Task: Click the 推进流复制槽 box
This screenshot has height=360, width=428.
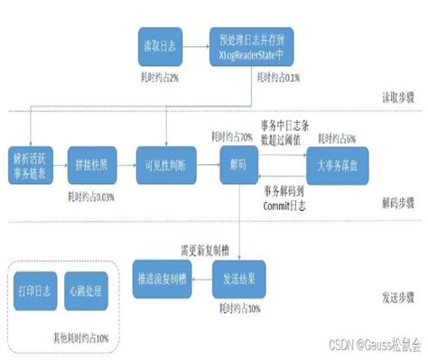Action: (x=162, y=274)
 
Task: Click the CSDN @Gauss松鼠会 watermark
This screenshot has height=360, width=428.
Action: (x=374, y=345)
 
